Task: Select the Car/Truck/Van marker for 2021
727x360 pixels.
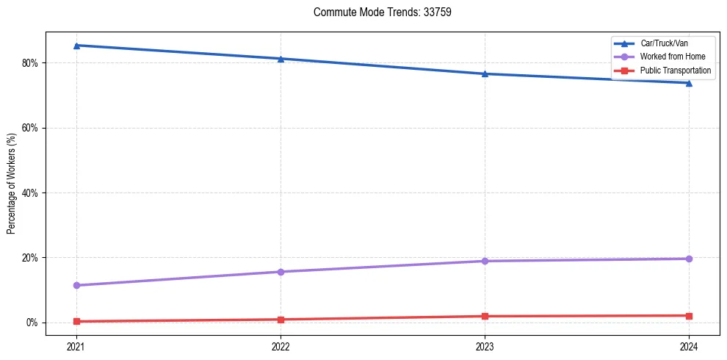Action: (76, 46)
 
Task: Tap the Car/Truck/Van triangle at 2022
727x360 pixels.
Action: (281, 59)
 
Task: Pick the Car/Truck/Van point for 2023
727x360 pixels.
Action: (485, 73)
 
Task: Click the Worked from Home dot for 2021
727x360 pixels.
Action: (76, 285)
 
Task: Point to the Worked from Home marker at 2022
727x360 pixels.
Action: (281, 272)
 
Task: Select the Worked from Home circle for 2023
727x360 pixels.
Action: (485, 261)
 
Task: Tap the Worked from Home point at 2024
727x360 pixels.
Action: (689, 259)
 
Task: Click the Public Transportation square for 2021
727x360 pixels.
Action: (76, 321)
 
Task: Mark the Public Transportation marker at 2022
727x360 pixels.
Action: (281, 320)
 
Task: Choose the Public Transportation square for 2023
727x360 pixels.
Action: (485, 316)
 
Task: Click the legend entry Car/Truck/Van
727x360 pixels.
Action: (664, 43)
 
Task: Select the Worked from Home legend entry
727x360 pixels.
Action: (672, 57)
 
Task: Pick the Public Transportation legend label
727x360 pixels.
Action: (676, 71)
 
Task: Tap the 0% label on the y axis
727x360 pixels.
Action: (32, 323)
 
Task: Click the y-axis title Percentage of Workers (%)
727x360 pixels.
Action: (12, 184)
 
